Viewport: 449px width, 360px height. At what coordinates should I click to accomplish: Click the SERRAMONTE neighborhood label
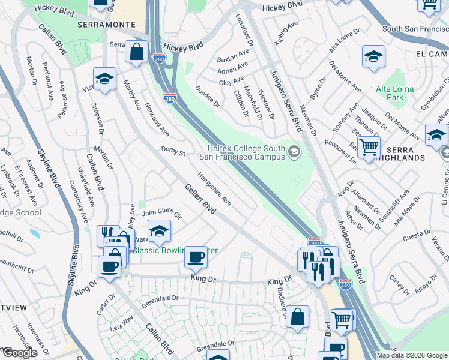pos(101,25)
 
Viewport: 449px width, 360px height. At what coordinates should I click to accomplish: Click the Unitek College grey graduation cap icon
pos(294,151)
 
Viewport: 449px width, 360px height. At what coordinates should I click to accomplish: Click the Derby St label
pos(173,152)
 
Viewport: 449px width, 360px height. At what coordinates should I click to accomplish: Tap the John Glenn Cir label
pos(161,212)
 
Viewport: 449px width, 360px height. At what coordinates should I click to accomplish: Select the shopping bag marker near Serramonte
pos(137,52)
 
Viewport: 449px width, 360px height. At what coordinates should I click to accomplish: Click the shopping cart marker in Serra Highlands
pos(369,146)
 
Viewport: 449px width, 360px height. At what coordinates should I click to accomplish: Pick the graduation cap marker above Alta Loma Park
pos(373,57)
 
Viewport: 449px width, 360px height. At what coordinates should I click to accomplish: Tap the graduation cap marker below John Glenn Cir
pos(159,231)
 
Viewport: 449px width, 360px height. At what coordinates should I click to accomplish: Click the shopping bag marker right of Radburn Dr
pos(297,316)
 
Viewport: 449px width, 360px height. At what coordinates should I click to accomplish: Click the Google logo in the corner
pos(20,353)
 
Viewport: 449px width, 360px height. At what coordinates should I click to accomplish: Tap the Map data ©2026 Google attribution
pos(411,355)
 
